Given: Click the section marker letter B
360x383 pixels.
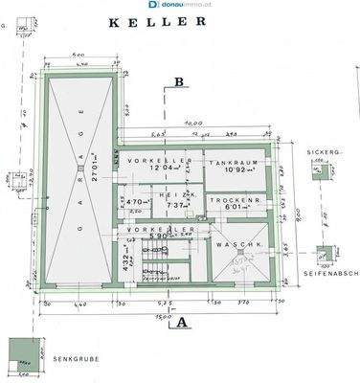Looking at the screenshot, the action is (179, 82).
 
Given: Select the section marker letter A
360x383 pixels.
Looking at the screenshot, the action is (180, 323).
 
